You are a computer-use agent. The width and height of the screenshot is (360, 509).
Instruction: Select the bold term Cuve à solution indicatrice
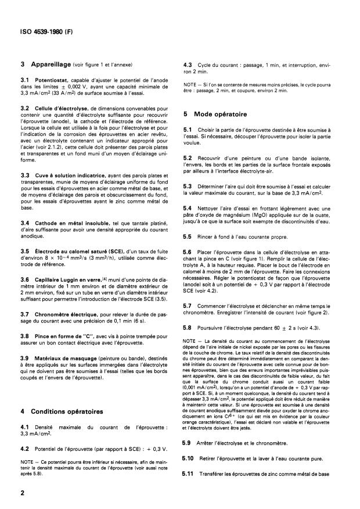pyautogui.click(x=68, y=175)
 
